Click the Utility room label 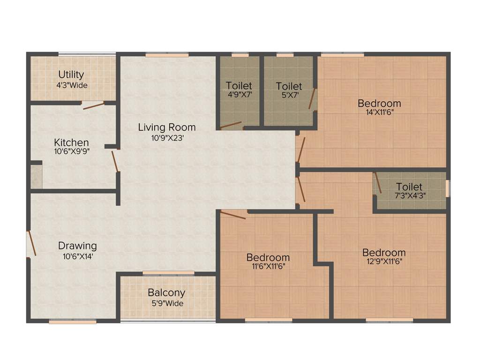71,75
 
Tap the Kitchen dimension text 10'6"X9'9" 71,151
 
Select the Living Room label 167,127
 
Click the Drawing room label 77,246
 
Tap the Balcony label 166,292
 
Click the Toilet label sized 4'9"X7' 239,86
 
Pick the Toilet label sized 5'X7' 289,86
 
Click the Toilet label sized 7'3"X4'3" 409,187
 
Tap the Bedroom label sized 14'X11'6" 379,103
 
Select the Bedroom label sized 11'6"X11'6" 268,257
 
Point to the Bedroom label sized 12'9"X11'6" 384,253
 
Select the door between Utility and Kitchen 94,106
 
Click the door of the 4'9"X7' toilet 231,125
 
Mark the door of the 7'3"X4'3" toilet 377,183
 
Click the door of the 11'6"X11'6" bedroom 233,215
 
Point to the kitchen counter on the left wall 37,177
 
